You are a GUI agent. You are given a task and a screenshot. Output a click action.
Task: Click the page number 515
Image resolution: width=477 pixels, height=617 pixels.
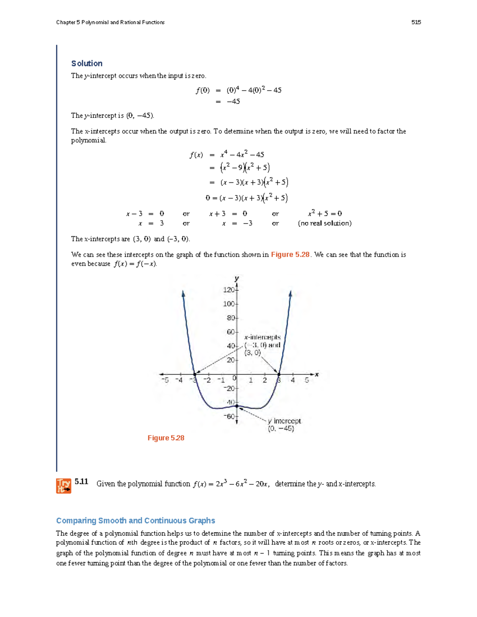click(416, 22)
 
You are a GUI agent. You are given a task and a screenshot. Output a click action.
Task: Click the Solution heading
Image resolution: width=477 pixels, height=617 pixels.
click(87, 64)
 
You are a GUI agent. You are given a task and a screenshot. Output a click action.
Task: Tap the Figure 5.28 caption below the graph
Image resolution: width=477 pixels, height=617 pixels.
click(166, 438)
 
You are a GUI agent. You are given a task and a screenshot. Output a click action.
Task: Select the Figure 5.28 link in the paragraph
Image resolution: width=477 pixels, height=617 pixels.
click(290, 255)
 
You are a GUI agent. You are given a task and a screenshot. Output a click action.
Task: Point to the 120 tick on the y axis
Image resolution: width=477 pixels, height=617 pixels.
click(229, 290)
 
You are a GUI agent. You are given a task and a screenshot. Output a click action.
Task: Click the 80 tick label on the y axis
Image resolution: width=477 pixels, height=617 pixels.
click(231, 318)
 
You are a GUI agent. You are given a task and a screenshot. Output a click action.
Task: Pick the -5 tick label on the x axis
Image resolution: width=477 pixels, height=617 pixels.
click(165, 380)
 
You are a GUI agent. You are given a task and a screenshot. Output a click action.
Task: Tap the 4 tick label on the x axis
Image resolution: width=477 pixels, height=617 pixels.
click(293, 380)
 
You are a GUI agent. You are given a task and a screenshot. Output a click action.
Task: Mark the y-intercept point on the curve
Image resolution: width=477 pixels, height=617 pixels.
click(237, 406)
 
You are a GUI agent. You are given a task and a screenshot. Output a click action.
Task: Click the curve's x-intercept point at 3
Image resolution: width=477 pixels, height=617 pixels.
click(279, 374)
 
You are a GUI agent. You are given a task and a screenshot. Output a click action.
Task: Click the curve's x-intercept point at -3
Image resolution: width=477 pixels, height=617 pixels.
click(195, 374)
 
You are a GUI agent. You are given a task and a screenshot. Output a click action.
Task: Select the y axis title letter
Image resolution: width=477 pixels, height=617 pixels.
click(237, 279)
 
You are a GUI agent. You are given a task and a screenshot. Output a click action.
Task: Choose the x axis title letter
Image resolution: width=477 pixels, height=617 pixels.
click(317, 374)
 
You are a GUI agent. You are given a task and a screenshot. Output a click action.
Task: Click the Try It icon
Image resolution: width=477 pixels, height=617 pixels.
click(64, 485)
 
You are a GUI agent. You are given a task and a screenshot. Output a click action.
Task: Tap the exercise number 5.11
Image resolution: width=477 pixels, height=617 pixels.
click(81, 482)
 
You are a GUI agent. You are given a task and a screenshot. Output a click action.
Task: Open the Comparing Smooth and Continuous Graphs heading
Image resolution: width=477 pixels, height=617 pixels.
click(136, 520)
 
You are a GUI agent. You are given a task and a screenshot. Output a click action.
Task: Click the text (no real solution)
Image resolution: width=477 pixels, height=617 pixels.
click(325, 223)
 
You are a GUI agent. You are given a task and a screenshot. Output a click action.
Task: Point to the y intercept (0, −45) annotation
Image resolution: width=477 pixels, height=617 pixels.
click(284, 425)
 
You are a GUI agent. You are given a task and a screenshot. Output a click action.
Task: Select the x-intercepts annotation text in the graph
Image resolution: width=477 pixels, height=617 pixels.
click(262, 345)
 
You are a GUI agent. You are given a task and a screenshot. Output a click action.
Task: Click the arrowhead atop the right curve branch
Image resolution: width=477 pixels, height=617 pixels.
click(291, 294)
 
